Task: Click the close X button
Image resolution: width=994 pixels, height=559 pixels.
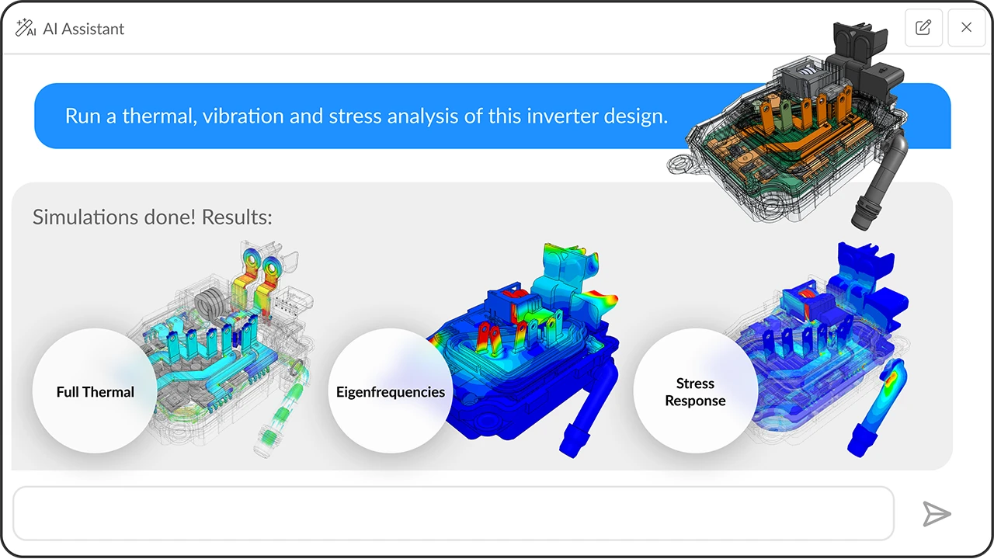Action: pos(966,28)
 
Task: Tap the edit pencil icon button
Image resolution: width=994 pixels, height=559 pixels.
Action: pos(923,28)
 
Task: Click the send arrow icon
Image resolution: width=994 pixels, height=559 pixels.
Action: pos(937,514)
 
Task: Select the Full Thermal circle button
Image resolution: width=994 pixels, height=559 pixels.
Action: pos(95,391)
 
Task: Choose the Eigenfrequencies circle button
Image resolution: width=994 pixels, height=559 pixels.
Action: pos(390,391)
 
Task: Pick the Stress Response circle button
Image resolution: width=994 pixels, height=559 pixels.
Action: pos(695,391)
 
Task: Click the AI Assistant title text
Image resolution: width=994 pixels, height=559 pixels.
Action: pos(83,29)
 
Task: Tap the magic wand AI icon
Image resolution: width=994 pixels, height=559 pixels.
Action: pos(26,28)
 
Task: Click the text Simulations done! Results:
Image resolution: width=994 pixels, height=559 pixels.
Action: pos(152,217)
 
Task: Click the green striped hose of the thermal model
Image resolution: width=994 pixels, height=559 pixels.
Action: pos(280,419)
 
